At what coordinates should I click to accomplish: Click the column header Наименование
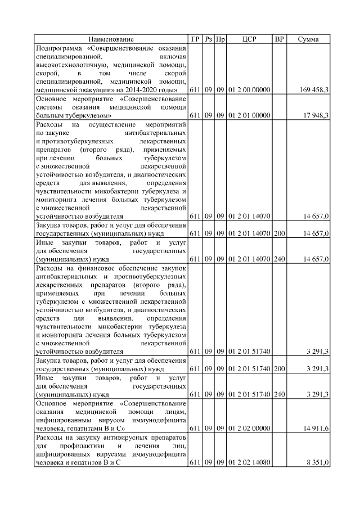[x=111, y=39]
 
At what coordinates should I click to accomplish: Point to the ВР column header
[x=278, y=39]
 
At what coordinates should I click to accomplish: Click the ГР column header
[x=195, y=39]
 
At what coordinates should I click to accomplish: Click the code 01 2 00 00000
[x=249, y=89]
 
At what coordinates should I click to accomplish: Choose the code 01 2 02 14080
[x=249, y=462]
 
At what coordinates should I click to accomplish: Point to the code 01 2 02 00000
[x=249, y=429]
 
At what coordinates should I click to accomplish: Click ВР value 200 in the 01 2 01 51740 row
[x=278, y=369]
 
